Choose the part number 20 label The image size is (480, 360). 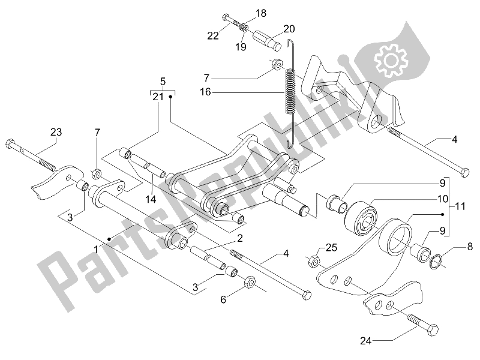pyautogui.click(x=290, y=28)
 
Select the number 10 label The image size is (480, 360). pyautogui.click(x=458, y=198)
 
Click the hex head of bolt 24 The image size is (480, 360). pyautogui.click(x=431, y=329)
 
